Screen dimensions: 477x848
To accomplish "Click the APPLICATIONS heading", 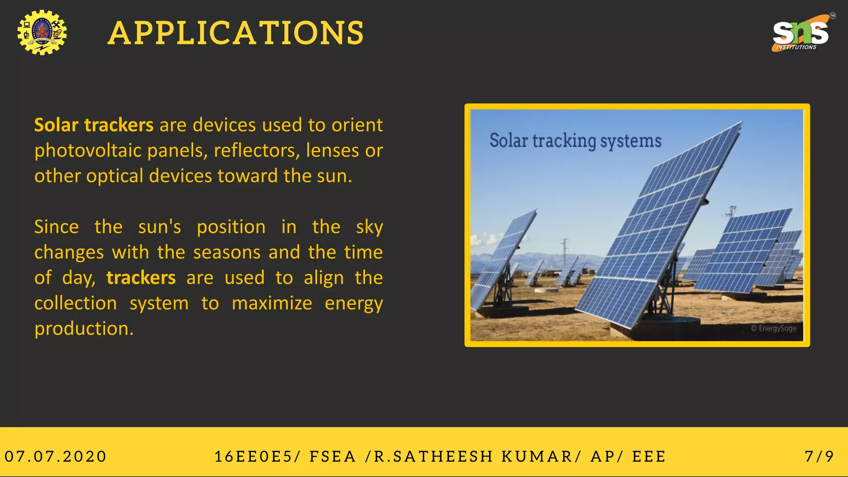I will [x=236, y=33].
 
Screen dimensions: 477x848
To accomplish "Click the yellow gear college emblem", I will [x=42, y=33].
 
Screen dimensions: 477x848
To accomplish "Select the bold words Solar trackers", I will [x=94, y=125].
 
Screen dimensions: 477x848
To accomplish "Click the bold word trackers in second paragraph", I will [x=141, y=278].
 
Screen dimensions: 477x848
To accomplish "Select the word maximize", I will [x=272, y=303].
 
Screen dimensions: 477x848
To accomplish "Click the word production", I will [x=84, y=329].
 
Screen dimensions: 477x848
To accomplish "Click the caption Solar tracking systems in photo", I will [x=575, y=141].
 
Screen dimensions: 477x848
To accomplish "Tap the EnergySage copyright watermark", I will [x=773, y=328].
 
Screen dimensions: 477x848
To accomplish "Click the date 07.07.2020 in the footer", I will [x=55, y=457].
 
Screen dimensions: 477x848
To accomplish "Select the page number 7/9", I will [x=819, y=457].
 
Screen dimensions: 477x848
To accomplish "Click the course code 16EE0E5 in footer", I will [x=253, y=457].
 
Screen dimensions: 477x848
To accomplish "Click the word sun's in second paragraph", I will [x=159, y=227].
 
